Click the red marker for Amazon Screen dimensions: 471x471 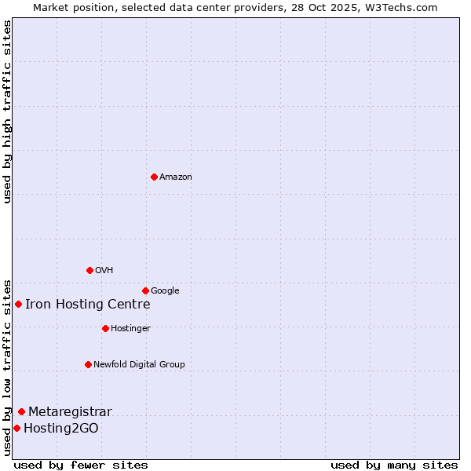point(154,177)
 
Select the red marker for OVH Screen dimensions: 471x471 point(89,270)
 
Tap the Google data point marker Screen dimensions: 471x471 point(145,290)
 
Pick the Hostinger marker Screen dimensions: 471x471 point(105,328)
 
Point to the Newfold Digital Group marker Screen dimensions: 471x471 point(88,364)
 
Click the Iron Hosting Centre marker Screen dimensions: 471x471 point(18,304)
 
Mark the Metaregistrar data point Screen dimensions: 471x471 point(21,411)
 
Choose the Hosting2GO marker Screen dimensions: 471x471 point(16,428)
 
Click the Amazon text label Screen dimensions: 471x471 point(176,177)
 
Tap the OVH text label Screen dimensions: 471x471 point(104,271)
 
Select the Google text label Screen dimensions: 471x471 point(165,291)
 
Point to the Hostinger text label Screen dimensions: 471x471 point(130,328)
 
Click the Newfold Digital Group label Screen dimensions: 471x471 point(139,364)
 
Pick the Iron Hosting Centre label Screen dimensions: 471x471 point(87,305)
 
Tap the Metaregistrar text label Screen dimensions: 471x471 point(70,412)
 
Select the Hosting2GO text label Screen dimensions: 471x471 point(61,429)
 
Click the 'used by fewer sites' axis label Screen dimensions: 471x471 point(81,465)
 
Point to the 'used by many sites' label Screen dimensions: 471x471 point(394,465)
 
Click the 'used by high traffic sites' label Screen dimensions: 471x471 point(7,111)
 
